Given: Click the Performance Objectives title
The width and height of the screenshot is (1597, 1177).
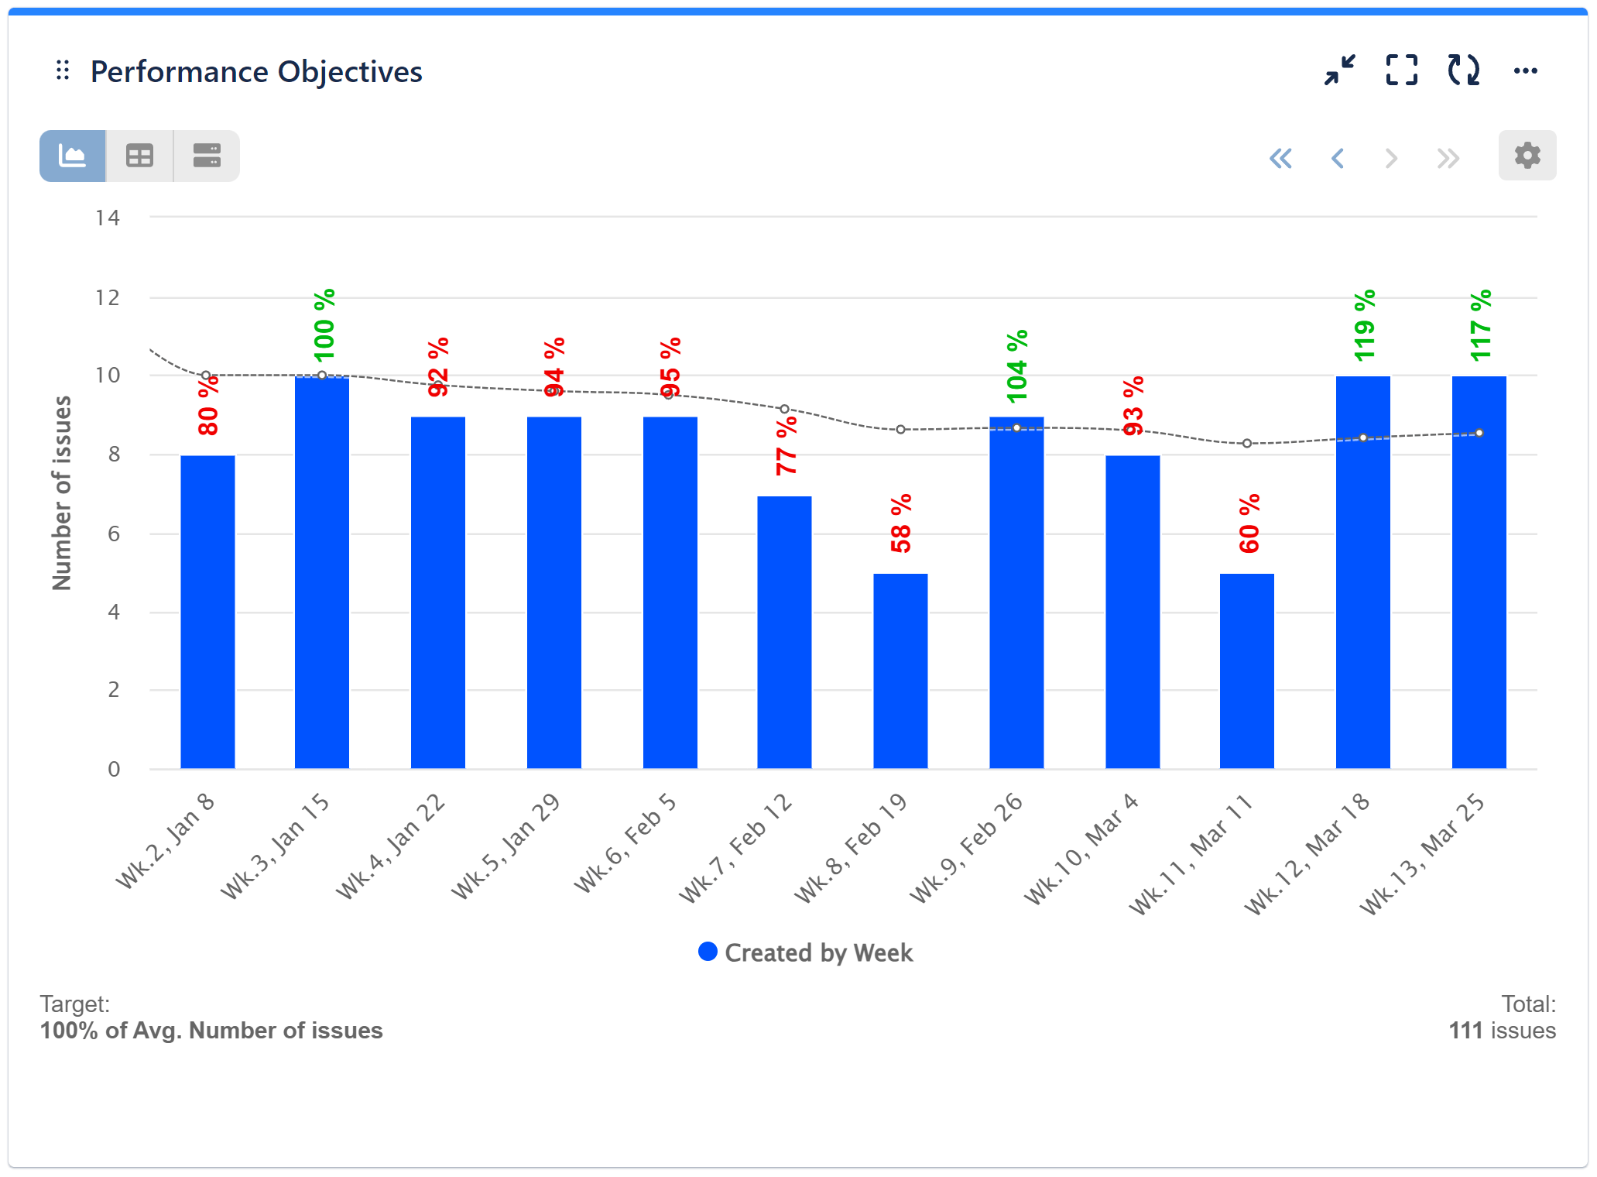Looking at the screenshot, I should click(255, 72).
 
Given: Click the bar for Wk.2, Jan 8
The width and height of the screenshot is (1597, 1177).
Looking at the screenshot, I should click(207, 612).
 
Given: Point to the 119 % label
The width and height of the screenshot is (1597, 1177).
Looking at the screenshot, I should click(1364, 325).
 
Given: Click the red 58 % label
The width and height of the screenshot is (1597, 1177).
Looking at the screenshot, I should click(901, 523).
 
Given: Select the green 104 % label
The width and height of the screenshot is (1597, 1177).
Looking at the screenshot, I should click(1017, 366).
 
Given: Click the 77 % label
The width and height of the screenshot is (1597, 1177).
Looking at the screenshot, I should click(786, 446).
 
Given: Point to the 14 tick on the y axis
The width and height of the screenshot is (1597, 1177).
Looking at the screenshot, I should click(108, 218).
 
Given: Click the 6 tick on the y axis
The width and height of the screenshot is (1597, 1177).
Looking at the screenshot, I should click(114, 534).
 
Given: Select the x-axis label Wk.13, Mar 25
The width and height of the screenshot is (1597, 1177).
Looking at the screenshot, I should click(1423, 853).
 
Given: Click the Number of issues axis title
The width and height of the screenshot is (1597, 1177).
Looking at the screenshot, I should click(62, 493).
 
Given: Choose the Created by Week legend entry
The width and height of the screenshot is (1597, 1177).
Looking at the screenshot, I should click(805, 952).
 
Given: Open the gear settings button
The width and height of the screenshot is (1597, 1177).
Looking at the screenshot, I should click(1527, 156).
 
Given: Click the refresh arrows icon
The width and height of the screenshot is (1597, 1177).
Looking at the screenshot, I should click(1463, 70).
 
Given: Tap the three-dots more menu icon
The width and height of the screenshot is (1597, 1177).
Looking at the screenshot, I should click(1525, 70).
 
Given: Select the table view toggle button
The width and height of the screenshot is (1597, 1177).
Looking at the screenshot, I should click(139, 156).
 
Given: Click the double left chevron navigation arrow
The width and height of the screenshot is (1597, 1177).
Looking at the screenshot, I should click(1280, 159).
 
